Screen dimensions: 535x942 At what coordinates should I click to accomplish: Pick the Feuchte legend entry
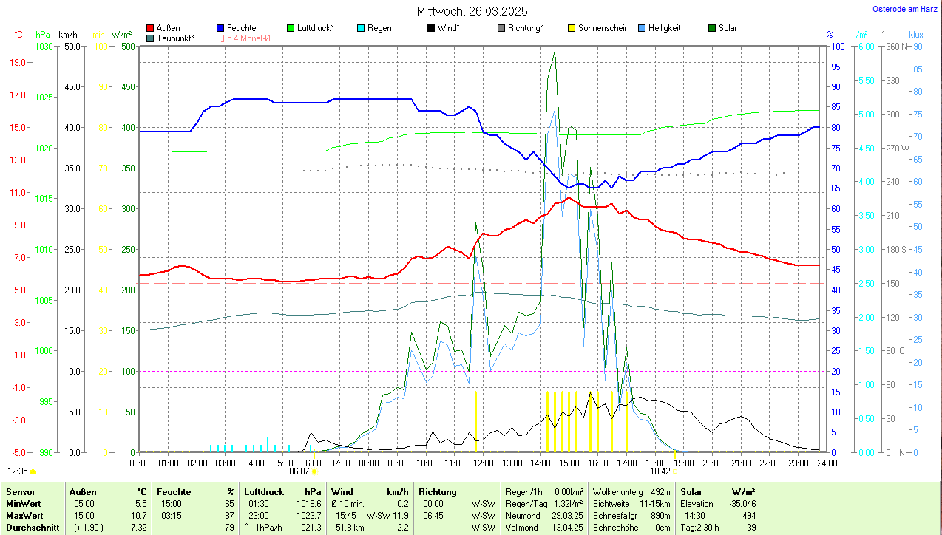(236, 28)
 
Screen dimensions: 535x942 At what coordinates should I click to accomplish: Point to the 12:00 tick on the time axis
(484, 463)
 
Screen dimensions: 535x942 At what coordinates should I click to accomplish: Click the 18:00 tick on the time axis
(655, 463)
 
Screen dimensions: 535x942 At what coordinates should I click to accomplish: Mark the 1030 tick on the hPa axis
(44, 46)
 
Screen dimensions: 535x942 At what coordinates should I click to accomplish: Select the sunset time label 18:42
(660, 471)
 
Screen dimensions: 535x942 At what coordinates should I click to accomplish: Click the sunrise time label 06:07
(299, 471)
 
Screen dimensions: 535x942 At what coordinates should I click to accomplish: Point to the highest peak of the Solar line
(555, 51)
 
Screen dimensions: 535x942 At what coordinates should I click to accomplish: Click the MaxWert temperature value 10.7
(138, 515)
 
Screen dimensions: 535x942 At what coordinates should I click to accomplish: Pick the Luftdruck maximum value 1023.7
(311, 515)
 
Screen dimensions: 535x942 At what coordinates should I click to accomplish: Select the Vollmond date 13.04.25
(566, 528)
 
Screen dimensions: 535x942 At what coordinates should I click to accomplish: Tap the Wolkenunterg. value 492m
(660, 491)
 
